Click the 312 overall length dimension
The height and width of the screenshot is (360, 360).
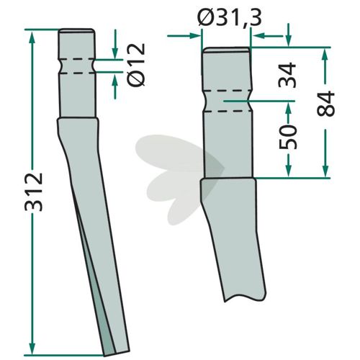[34, 192]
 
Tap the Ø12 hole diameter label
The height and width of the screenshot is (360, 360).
[136, 65]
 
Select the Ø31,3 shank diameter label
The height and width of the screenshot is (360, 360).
[229, 18]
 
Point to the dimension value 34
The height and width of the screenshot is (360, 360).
[287, 75]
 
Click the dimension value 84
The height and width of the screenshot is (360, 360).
[325, 104]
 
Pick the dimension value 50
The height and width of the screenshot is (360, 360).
[288, 137]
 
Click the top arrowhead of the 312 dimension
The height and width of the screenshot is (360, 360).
[32, 36]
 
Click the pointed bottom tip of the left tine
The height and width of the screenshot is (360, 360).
[105, 356]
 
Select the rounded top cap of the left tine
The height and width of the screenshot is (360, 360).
[76, 31]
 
